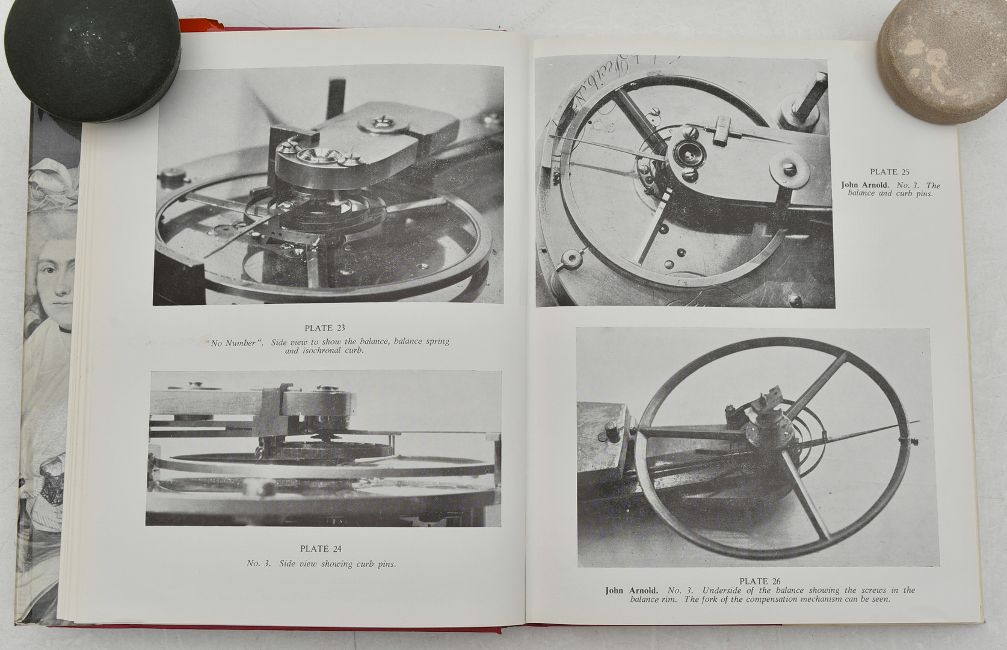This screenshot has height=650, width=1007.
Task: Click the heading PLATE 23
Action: point(325,328)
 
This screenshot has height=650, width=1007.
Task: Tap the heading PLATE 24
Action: point(321,549)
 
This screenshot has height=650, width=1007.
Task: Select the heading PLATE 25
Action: point(890,172)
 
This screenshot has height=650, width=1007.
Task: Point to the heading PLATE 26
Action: point(760,581)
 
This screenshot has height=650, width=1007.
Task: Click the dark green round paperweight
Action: point(93,61)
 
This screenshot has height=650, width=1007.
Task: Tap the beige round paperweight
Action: point(942,61)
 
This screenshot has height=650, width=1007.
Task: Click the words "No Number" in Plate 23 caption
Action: point(234,343)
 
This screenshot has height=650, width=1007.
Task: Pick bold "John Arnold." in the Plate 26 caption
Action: point(631,590)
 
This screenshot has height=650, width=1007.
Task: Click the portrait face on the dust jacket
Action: point(56,283)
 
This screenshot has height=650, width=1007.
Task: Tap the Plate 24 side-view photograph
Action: point(323,448)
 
